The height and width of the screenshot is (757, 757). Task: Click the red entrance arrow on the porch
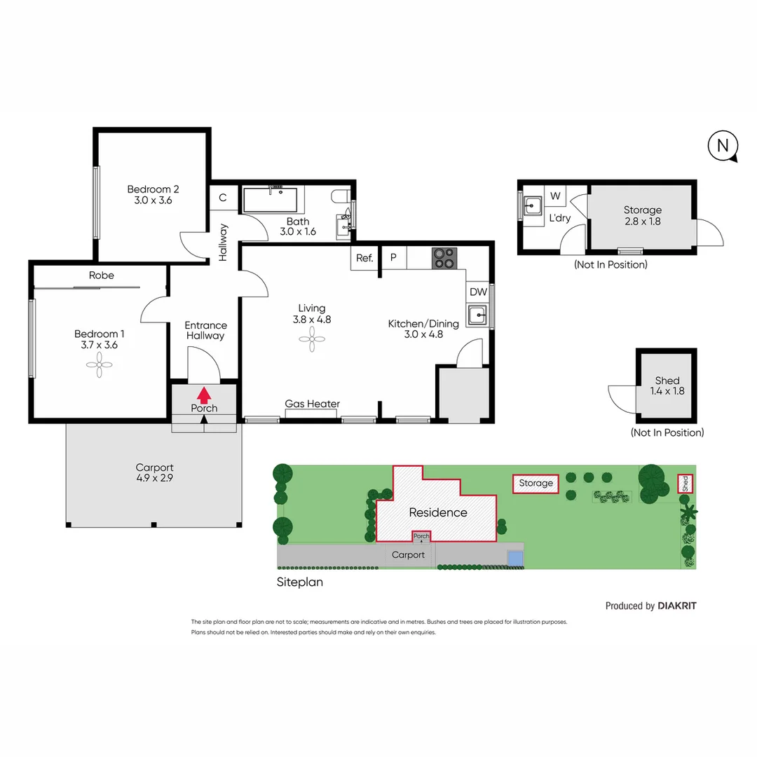tap(204, 394)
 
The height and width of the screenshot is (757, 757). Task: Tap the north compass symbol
tap(723, 146)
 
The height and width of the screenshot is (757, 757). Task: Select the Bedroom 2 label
tap(153, 194)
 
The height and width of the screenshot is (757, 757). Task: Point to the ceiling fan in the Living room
tap(311, 340)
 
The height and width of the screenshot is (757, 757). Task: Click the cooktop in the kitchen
tap(443, 258)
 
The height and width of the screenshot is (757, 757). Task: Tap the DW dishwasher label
tap(478, 292)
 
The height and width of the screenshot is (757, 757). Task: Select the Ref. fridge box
tap(364, 258)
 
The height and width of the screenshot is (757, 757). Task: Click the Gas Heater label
tap(312, 404)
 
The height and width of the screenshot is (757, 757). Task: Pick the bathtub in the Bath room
tap(270, 200)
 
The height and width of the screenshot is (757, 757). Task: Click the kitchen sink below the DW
tap(478, 316)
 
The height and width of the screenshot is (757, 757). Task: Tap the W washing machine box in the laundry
tap(555, 195)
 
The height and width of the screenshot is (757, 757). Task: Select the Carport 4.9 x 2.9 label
tap(154, 472)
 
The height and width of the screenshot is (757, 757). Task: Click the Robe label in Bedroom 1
tap(101, 275)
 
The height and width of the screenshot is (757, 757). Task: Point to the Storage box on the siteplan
tap(536, 483)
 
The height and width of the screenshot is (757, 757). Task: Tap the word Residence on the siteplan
tap(438, 512)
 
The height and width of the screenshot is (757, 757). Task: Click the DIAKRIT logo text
tap(677, 606)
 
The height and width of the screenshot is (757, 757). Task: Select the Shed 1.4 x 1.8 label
tap(667, 386)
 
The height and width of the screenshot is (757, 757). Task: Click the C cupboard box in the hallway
tap(223, 198)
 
